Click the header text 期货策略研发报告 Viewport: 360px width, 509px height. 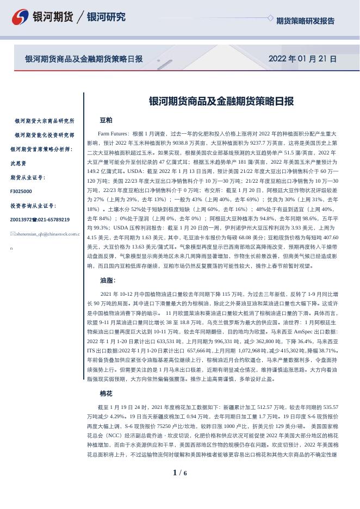pyautogui.click(x=305, y=21)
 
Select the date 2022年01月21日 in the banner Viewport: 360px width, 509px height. pyautogui.click(x=302, y=59)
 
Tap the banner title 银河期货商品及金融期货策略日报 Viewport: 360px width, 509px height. pyautogui.click(x=84, y=59)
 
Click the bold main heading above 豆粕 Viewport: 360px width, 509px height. pyautogui.click(x=221, y=102)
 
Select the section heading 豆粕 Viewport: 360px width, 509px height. pyautogui.click(x=106, y=120)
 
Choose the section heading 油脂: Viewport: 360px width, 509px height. pyautogui.click(x=108, y=281)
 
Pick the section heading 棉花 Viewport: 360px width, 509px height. pyautogui.click(x=106, y=393)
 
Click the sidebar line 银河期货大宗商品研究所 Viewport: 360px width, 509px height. pyautogui.click(x=45, y=121)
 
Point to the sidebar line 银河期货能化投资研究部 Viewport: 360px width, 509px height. pyautogui.click(x=45, y=135)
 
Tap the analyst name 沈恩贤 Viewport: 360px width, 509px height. pyautogui.click(x=18, y=163)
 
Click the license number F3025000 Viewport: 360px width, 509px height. pyautogui.click(x=21, y=191)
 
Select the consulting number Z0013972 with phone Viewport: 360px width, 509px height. pyautogui.click(x=40, y=220)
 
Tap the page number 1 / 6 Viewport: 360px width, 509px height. pyautogui.click(x=179, y=473)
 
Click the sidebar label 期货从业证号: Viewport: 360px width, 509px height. pyautogui.click(x=28, y=177)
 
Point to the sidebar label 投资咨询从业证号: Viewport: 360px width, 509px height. pyautogui.click(x=33, y=206)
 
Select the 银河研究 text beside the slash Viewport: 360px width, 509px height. pyautogui.click(x=106, y=17)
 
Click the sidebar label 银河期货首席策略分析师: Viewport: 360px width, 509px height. pyautogui.click(x=41, y=149)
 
